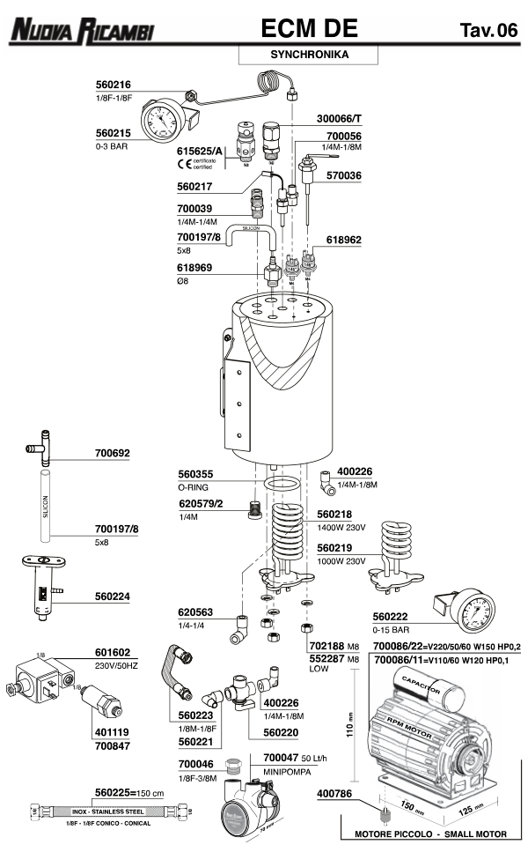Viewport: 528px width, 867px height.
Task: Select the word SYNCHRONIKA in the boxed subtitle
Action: click(308, 55)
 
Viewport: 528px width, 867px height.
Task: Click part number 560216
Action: click(114, 86)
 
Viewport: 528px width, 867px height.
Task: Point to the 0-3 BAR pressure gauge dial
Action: click(164, 119)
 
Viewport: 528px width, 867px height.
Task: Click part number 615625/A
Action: click(201, 151)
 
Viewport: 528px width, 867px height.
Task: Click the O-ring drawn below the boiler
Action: click(282, 485)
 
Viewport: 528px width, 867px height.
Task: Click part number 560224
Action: click(114, 597)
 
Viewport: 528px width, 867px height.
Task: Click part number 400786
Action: click(335, 795)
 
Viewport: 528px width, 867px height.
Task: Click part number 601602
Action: click(114, 654)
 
